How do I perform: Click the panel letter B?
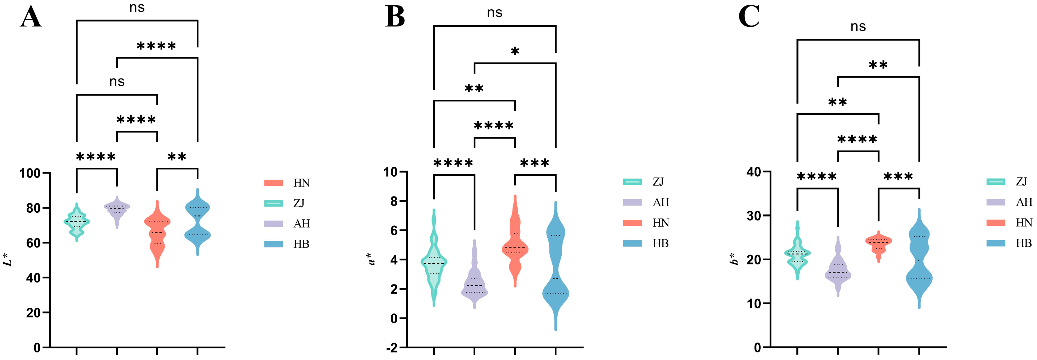coord(395,18)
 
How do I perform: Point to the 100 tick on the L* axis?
coord(30,173)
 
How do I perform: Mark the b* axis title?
coord(735,259)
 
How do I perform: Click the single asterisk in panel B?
coord(515,51)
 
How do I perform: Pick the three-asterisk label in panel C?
coord(898,177)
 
